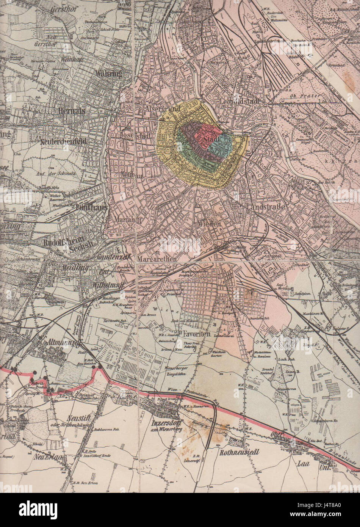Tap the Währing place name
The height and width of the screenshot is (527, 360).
tap(109, 74)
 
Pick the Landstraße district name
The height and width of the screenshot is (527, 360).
tap(265, 207)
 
